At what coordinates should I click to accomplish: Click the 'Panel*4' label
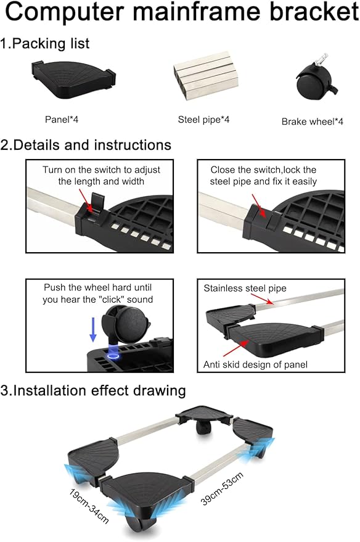click(x=62, y=120)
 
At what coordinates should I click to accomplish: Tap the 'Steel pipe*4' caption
click(x=203, y=120)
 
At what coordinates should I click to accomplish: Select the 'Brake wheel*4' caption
click(x=313, y=121)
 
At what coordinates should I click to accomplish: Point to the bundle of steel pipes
click(x=205, y=75)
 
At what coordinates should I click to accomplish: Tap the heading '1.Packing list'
click(x=45, y=44)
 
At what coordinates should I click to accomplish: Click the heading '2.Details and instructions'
click(x=86, y=145)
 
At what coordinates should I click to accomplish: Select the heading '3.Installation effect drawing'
click(x=93, y=390)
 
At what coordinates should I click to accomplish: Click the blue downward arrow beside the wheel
click(x=93, y=330)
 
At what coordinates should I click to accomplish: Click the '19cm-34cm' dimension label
click(x=89, y=506)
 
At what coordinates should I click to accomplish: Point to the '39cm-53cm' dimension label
click(x=222, y=488)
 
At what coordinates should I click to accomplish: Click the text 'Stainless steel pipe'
click(x=245, y=289)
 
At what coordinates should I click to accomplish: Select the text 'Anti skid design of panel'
click(x=255, y=364)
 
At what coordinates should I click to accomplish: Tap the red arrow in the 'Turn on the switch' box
click(x=85, y=201)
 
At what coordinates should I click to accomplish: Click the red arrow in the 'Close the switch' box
click(x=259, y=205)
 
